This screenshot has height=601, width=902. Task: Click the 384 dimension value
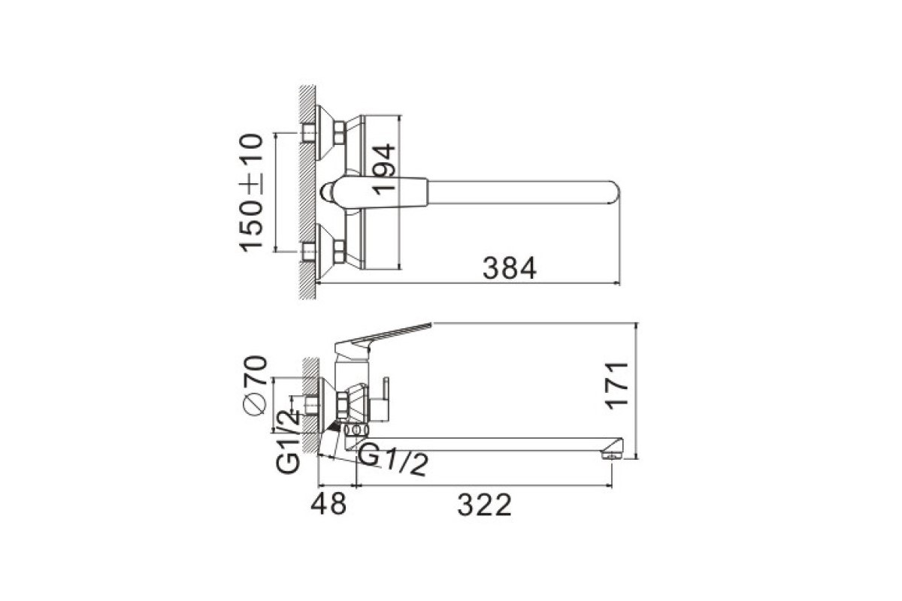510,268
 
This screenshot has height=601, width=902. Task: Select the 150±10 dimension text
251,193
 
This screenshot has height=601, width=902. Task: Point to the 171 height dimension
617,386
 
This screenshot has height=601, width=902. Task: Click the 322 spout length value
484,505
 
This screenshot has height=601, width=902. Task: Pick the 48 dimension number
328,503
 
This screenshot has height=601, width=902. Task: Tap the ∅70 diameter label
255,385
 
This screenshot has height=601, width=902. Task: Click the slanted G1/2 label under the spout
392,459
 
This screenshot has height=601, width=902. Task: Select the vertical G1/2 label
289,441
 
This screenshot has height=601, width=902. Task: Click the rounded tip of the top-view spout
616,192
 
